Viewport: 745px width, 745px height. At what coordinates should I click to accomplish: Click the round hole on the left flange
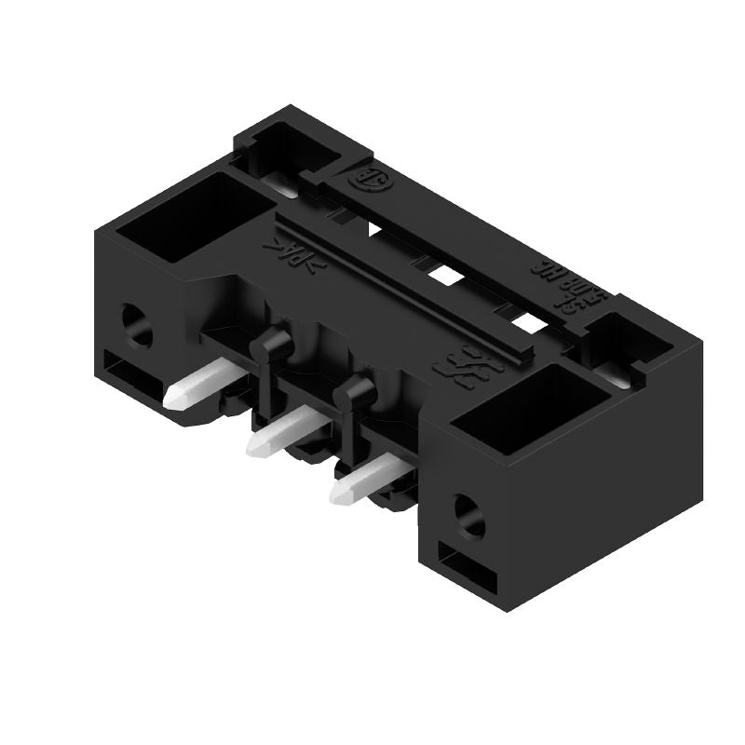138,327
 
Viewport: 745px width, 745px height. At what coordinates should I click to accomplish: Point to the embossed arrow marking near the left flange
292,254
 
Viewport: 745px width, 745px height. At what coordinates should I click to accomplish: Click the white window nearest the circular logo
377,230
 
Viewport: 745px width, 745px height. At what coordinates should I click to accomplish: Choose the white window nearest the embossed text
527,322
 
